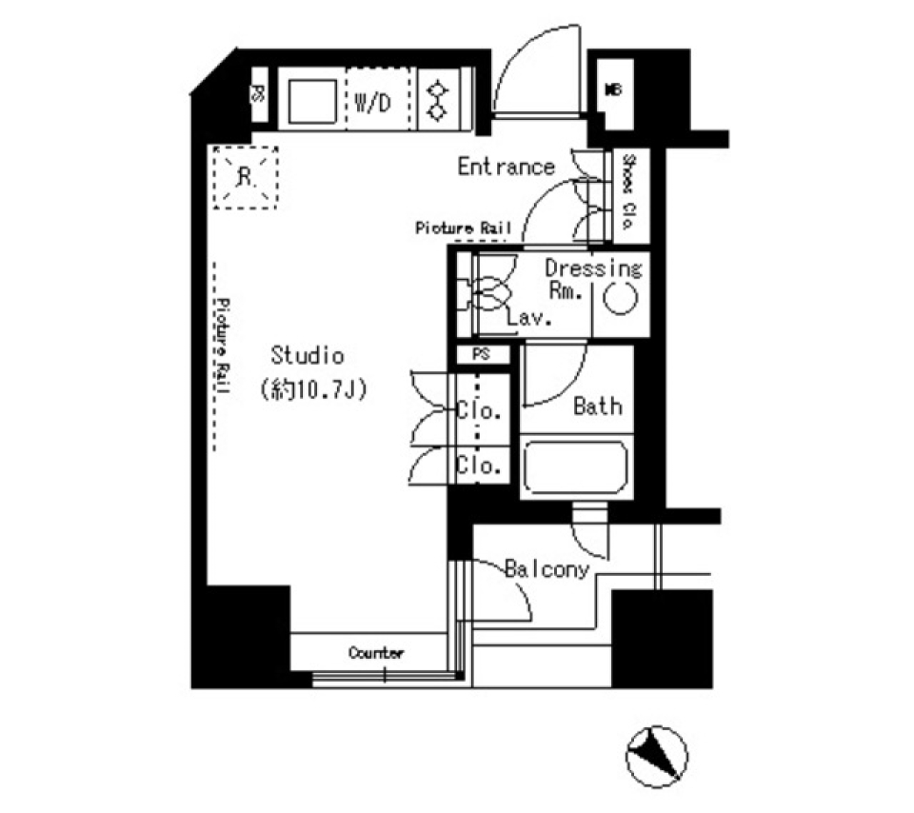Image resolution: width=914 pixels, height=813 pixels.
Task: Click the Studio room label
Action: (307, 356)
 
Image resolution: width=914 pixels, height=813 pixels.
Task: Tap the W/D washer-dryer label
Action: (372, 104)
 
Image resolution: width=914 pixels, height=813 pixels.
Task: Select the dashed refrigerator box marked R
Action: (246, 176)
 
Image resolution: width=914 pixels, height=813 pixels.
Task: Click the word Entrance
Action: (506, 167)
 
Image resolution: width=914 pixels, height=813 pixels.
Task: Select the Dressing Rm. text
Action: (593, 279)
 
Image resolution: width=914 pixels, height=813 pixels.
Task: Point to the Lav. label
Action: (530, 319)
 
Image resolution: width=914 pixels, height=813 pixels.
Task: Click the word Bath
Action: (598, 406)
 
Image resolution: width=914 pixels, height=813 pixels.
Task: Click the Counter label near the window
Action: (376, 653)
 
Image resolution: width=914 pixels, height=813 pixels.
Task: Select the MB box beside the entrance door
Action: (614, 91)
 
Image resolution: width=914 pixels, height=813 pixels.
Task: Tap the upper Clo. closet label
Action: (478, 413)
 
